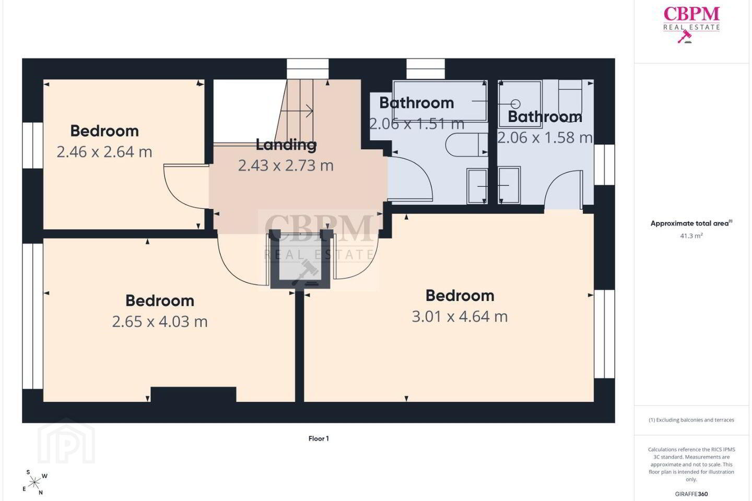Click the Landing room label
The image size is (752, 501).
click(286, 145)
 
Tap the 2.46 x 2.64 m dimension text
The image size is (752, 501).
click(104, 152)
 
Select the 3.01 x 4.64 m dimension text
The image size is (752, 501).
click(460, 316)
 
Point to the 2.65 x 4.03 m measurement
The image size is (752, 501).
click(160, 321)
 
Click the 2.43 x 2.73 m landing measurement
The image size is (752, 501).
click(286, 165)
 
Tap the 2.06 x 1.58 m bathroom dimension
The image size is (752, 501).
click(545, 138)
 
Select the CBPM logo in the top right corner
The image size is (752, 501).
click(691, 24)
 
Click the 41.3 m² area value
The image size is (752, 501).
click(691, 236)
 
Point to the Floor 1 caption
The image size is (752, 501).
click(319, 438)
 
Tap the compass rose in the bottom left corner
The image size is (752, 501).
click(34, 483)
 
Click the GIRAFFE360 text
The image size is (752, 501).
click(691, 494)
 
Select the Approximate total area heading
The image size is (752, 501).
click(691, 223)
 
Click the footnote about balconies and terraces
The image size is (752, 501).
click(691, 420)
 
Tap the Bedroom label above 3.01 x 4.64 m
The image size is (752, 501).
click(460, 295)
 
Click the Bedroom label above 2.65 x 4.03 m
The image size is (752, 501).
click(160, 301)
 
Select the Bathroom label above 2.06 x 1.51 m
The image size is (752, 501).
click(416, 103)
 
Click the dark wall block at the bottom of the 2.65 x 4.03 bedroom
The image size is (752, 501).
click(193, 395)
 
